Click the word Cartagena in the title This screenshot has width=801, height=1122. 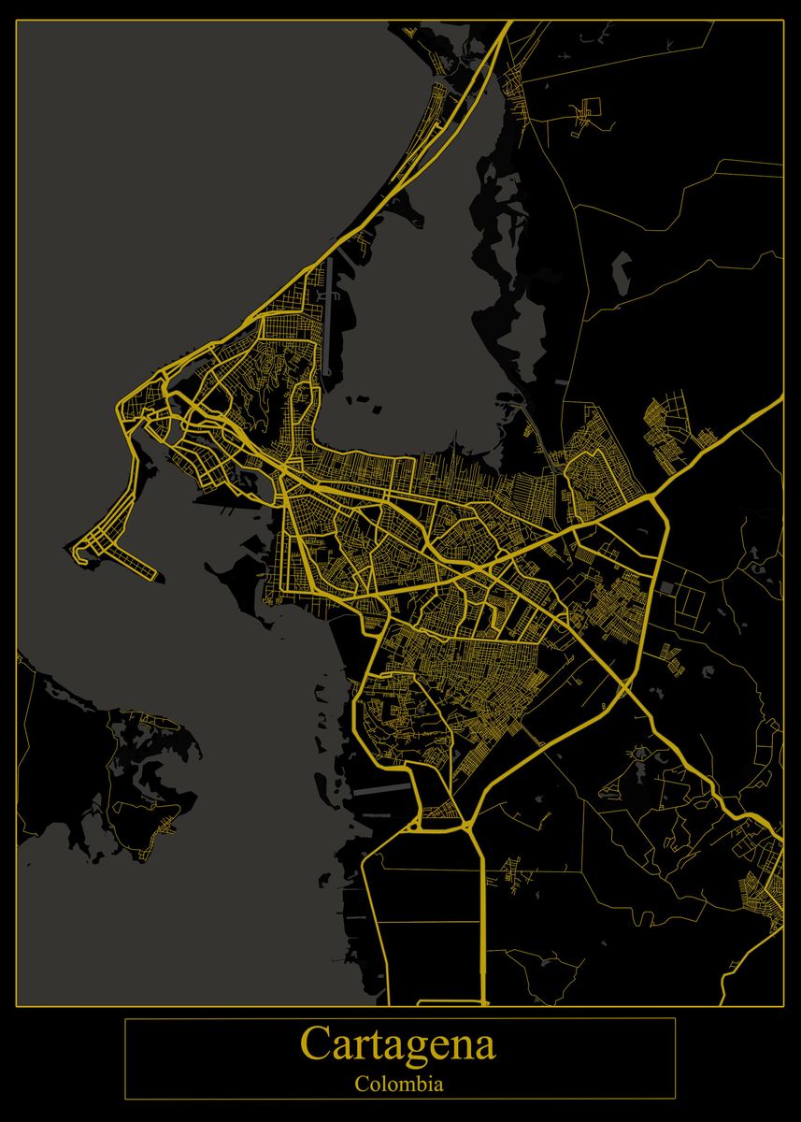398,1044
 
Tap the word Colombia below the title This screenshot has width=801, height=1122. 399,1086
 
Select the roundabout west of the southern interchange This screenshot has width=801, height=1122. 414,826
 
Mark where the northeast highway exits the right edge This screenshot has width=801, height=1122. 780,398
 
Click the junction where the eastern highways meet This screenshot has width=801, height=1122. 654,500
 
